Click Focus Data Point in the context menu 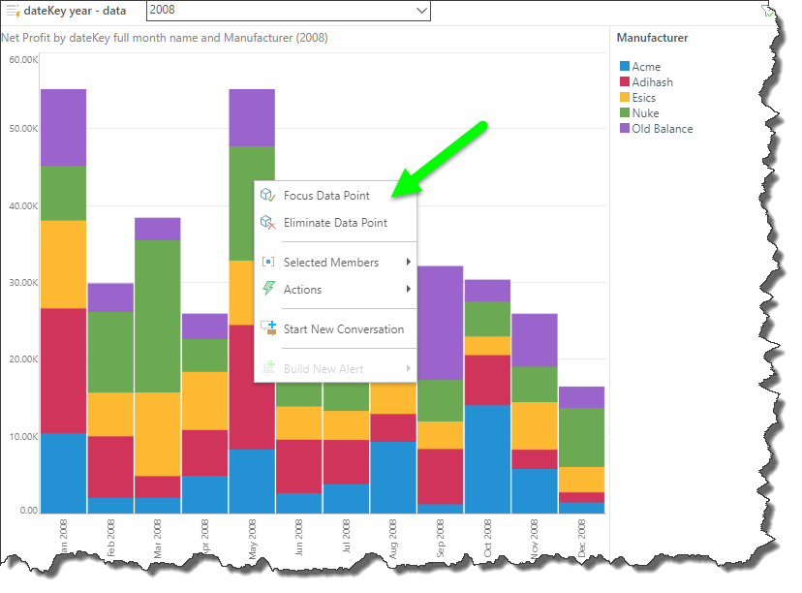pos(326,196)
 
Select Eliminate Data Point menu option pos(334,223)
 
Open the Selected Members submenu pos(330,263)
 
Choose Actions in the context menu pos(302,290)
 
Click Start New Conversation pos(343,329)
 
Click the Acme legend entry pos(646,67)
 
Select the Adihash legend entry pos(652,82)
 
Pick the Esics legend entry pos(643,98)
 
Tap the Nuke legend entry pos(645,113)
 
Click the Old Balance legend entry pos(662,129)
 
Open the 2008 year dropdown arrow pos(420,11)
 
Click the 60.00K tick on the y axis pos(22,60)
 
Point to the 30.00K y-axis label pos(22,283)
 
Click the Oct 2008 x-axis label pos(489,536)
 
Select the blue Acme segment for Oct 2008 pos(488,458)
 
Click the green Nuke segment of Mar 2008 pos(158,316)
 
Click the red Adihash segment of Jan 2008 pos(63,370)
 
